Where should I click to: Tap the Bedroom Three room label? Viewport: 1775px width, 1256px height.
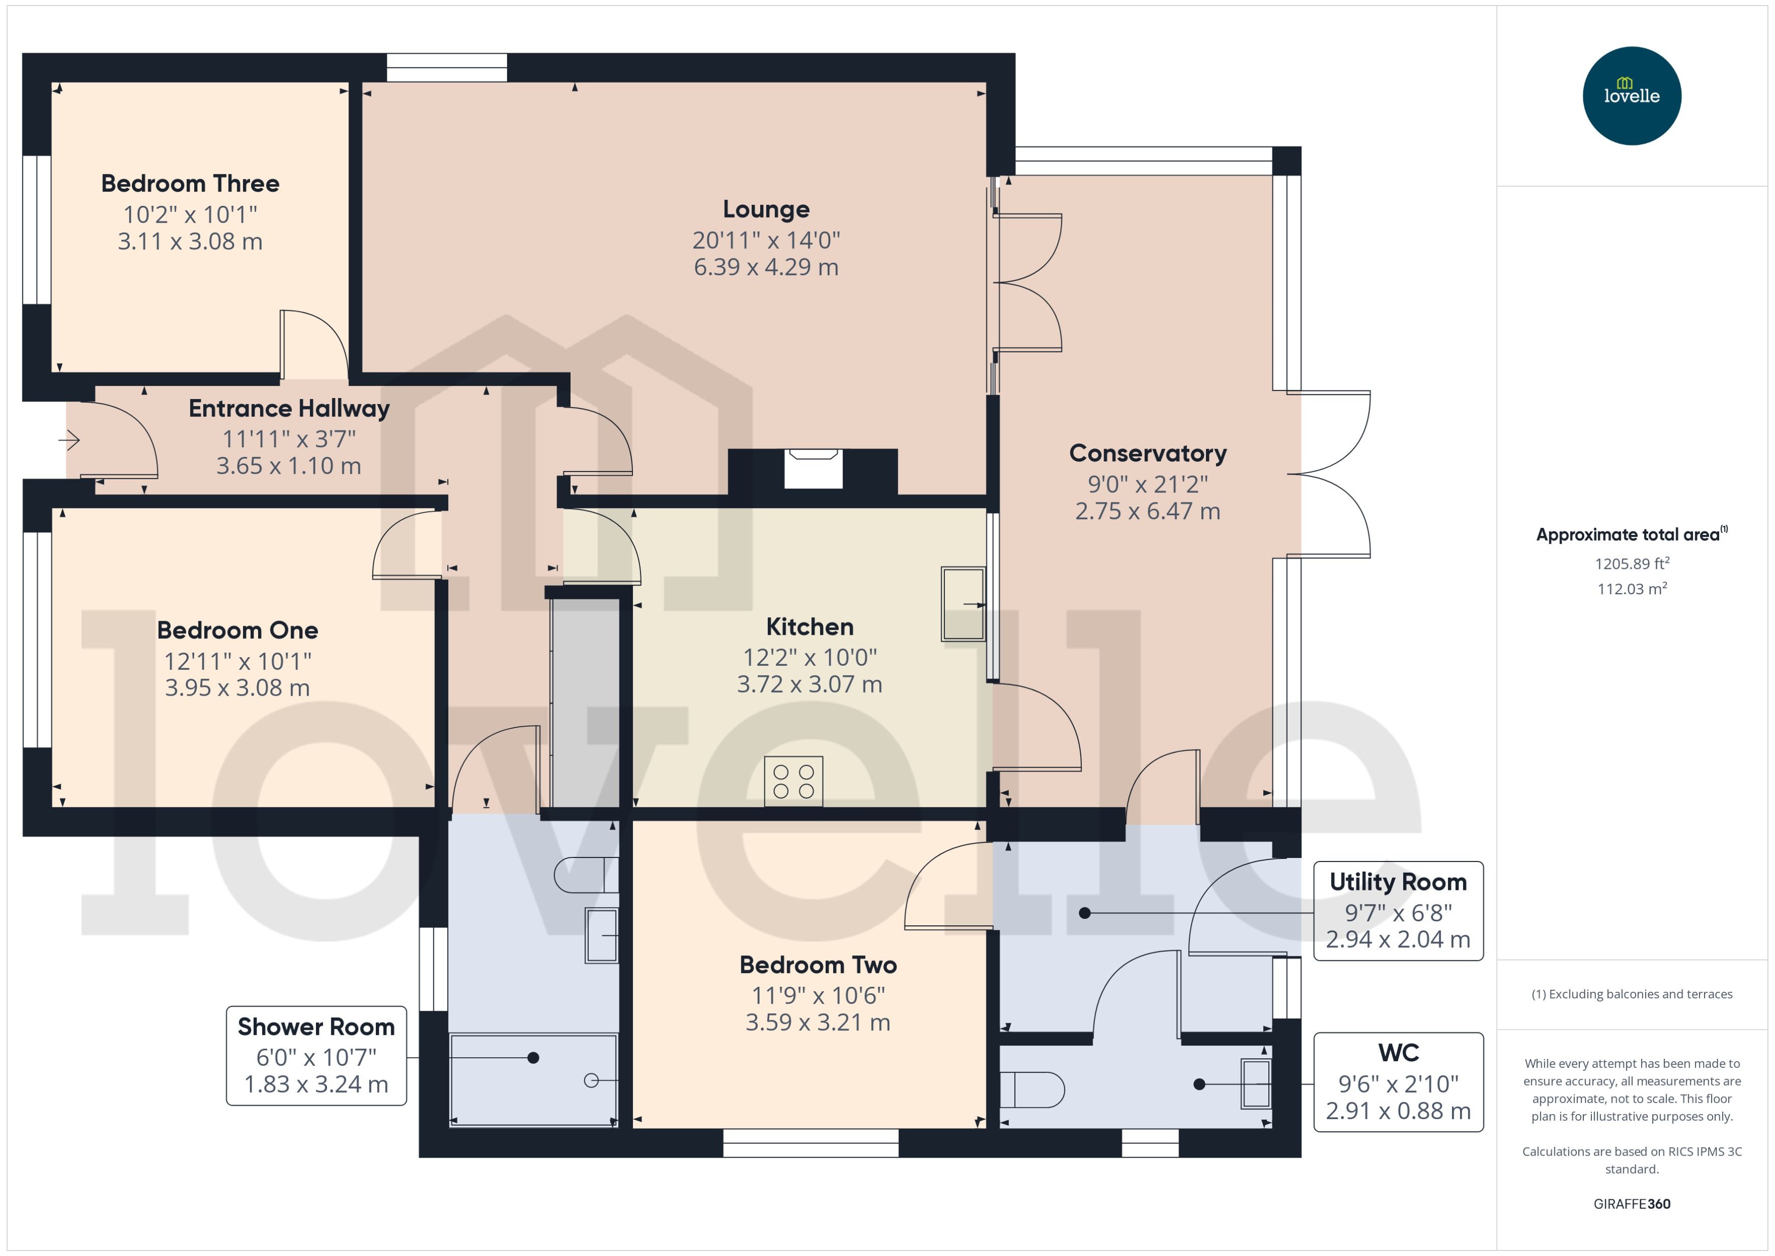click(x=190, y=183)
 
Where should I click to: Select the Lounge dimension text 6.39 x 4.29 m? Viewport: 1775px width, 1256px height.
click(x=766, y=267)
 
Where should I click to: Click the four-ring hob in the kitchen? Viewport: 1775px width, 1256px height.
click(x=794, y=781)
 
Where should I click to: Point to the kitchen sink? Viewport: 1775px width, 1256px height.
click(x=963, y=604)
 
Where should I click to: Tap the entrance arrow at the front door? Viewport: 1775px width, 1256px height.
click(x=69, y=441)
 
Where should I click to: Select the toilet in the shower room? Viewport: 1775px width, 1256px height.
click(x=586, y=875)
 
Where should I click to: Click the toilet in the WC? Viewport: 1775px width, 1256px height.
click(x=1032, y=1090)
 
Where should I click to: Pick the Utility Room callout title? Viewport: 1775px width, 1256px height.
click(x=1398, y=882)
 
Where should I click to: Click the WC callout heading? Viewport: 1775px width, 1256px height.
click(x=1398, y=1053)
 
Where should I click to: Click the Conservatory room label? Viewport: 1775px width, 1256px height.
click(x=1148, y=453)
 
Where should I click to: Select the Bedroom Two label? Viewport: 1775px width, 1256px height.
click(x=819, y=965)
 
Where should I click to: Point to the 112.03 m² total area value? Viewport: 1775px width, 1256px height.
click(x=1632, y=589)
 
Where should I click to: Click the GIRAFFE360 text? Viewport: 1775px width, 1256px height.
click(x=1632, y=1204)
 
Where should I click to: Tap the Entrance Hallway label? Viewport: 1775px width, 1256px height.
click(x=289, y=408)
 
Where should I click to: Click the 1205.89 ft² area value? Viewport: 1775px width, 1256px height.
click(x=1632, y=564)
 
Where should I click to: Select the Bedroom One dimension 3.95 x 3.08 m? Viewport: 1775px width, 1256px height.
click(x=237, y=688)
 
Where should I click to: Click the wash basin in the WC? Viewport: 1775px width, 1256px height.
click(x=1256, y=1084)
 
